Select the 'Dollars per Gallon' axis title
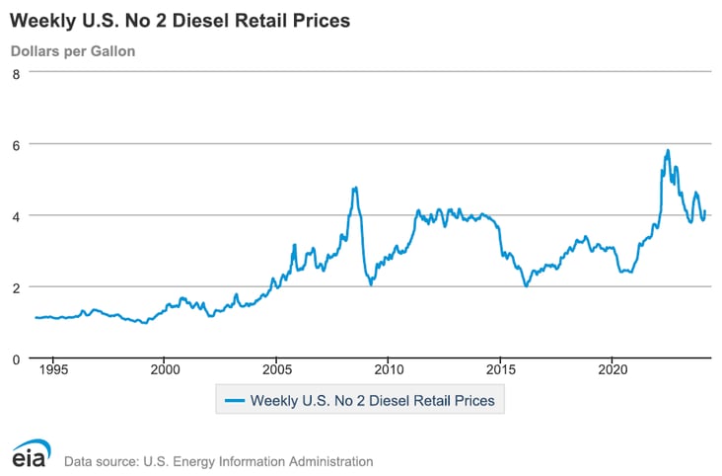(x=73, y=50)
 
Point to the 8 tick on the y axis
(x=16, y=72)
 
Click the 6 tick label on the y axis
(x=16, y=144)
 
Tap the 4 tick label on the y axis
(x=16, y=215)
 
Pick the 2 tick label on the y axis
(x=16, y=287)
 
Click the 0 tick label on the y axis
(x=16, y=358)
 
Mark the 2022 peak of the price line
(x=668, y=151)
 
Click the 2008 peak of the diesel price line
(x=354, y=188)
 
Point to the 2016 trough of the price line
(x=526, y=285)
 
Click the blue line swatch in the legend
(x=234, y=401)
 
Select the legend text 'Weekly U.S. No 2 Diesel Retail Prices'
(x=378, y=401)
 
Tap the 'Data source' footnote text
(x=218, y=461)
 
